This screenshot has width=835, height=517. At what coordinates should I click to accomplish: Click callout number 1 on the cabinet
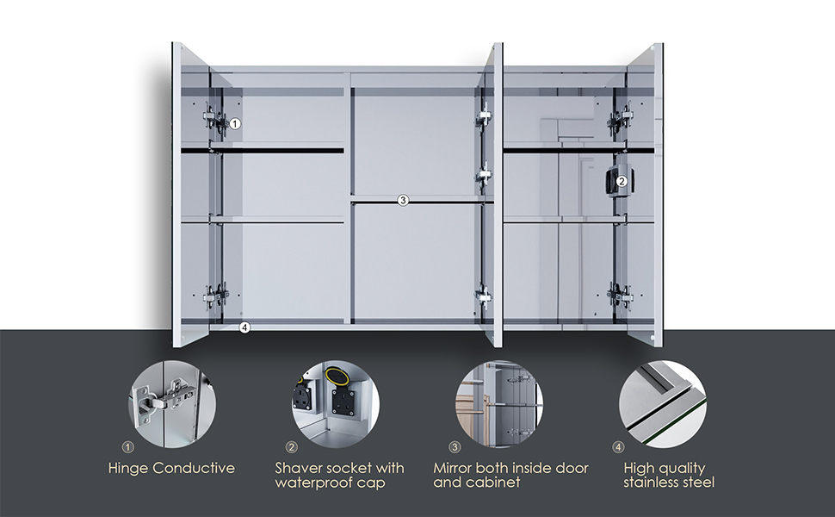point(235,124)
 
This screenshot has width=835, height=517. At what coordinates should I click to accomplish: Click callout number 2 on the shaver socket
point(622,181)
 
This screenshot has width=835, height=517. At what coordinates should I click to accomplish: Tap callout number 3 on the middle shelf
point(403,201)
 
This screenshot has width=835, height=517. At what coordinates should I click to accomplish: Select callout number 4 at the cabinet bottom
point(244,327)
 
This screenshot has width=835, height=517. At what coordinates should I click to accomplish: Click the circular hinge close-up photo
point(172,403)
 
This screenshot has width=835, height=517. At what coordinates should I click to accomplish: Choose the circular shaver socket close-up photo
point(336,403)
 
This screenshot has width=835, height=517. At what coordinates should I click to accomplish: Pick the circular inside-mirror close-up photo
point(499,403)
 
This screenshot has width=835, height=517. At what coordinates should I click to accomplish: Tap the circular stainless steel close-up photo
point(663,403)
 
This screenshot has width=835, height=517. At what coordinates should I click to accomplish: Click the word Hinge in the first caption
point(127,469)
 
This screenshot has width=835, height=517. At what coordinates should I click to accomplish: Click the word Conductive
point(194,468)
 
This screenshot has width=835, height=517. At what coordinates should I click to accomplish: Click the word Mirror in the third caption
point(452,468)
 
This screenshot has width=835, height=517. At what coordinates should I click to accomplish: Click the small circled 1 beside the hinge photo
point(127,447)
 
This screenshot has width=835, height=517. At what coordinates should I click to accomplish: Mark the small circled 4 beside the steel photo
point(618,447)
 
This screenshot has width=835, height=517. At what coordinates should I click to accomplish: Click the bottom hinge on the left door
point(216,295)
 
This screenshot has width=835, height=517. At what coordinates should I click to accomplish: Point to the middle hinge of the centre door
point(484,177)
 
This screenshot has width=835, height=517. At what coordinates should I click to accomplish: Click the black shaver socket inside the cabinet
point(616,181)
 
